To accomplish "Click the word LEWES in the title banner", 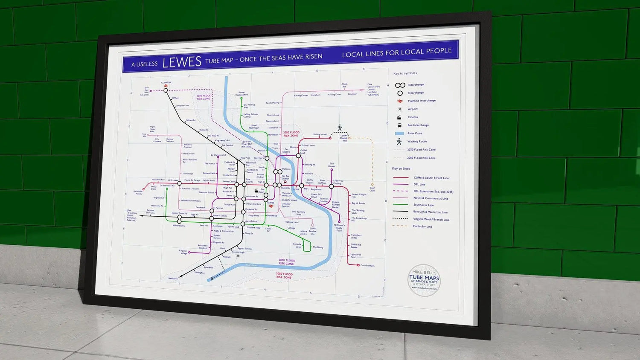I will tap(182, 62).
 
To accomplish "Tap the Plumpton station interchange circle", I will tap(166, 90).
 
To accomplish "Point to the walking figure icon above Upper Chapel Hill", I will tap(340, 128).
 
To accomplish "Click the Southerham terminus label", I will tap(367, 265).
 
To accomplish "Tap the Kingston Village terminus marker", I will tap(189, 253).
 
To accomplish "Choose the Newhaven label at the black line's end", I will tap(173, 279).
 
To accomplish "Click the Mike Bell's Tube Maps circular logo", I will tap(424, 280).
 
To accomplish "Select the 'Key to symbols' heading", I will tap(405, 73).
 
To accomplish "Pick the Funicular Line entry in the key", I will tap(422, 226).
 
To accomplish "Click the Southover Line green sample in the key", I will tap(401, 205).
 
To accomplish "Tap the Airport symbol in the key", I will tap(400, 109).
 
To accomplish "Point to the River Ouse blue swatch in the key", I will tap(399, 134).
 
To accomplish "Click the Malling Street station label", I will tap(319, 134).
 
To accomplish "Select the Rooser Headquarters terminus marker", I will tap(241, 98).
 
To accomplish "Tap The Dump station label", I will tap(318, 247).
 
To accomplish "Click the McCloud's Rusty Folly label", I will tap(339, 228).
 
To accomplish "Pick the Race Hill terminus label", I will tap(144, 135).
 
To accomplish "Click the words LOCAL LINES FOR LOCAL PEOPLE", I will tap(396, 52).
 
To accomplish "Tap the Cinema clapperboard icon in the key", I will tap(399, 117).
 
